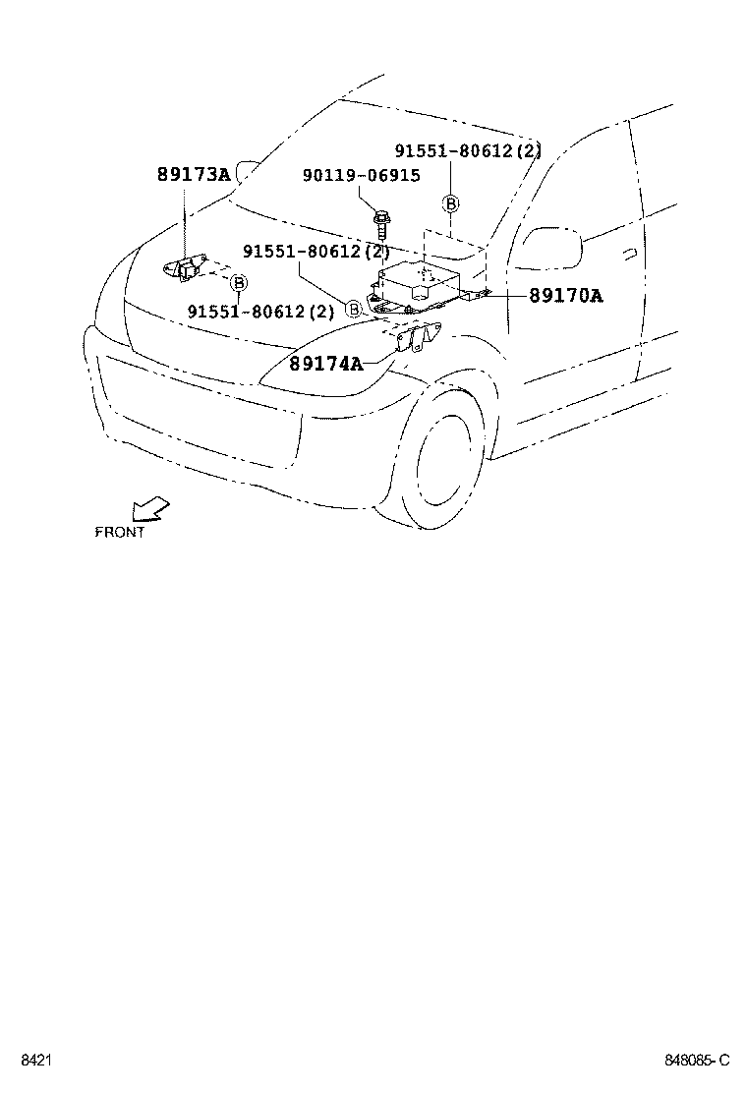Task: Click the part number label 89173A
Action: tap(193, 175)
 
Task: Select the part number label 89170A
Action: tap(565, 295)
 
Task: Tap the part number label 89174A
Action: tap(325, 364)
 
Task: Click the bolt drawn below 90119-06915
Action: tap(381, 221)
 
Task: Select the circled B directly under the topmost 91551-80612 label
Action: tap(450, 204)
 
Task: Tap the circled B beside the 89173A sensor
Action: tap(238, 283)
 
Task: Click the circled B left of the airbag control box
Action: tap(353, 309)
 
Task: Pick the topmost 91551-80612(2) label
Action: tap(468, 151)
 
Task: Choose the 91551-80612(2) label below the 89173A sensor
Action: tap(260, 312)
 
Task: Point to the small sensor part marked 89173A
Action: tap(185, 267)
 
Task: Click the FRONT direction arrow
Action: tap(149, 508)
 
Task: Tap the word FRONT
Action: tap(119, 532)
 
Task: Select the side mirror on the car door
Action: tap(550, 246)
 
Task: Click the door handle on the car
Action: tap(628, 253)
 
